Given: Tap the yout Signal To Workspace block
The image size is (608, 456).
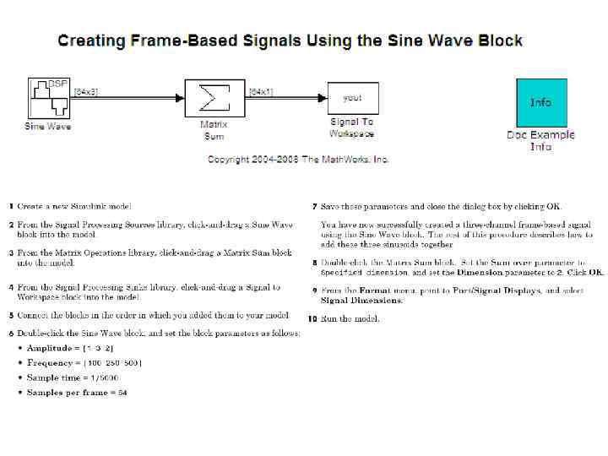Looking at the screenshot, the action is [x=351, y=100].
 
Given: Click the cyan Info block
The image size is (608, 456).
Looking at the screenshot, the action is [x=540, y=102].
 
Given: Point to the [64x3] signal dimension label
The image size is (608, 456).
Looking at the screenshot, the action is [x=86, y=92].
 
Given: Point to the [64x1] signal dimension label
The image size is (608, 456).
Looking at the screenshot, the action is [x=261, y=92].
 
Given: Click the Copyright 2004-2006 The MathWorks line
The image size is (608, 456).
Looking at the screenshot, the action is [x=298, y=159].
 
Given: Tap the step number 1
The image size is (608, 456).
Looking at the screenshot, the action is [x=12, y=206].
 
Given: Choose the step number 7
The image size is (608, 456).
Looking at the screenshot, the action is [x=314, y=206].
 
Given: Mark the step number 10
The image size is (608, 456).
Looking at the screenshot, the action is [x=312, y=318].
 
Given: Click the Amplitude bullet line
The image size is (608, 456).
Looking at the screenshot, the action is [x=70, y=348].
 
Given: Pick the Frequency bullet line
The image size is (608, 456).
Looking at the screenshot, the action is [x=84, y=362].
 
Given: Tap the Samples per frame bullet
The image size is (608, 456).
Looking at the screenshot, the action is [x=77, y=392].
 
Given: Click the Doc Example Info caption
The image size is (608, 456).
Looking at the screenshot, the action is [x=540, y=140].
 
